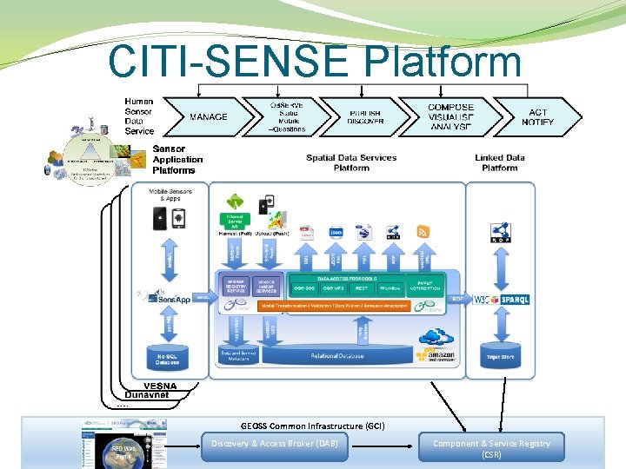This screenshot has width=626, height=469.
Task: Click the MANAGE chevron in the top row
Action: [x=208, y=117]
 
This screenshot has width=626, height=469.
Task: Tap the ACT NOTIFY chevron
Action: [x=538, y=117]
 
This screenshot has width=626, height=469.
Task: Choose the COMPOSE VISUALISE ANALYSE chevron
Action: [x=451, y=117]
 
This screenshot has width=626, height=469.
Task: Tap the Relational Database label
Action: [x=337, y=356]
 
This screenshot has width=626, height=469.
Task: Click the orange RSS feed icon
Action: [x=423, y=232]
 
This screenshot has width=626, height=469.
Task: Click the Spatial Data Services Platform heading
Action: [x=351, y=162]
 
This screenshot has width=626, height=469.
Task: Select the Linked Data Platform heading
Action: [x=499, y=162]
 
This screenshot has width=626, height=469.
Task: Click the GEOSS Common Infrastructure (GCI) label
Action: [x=312, y=426]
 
